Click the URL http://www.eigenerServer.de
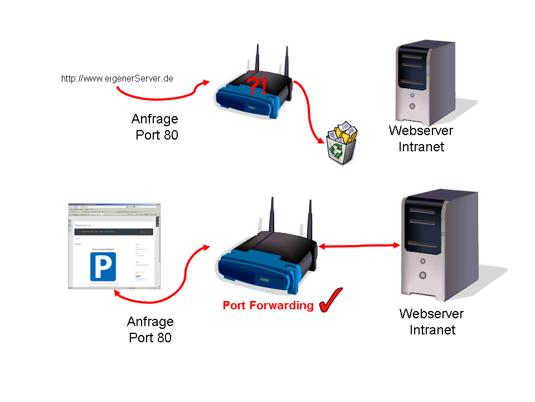click(x=117, y=79)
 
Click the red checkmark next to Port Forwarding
click(x=331, y=300)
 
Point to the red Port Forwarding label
click(x=268, y=305)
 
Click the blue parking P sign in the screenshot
click(x=103, y=266)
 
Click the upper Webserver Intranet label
click(x=421, y=138)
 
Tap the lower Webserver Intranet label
click(x=431, y=322)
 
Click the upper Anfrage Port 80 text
click(x=155, y=127)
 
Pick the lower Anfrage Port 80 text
click(x=150, y=329)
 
